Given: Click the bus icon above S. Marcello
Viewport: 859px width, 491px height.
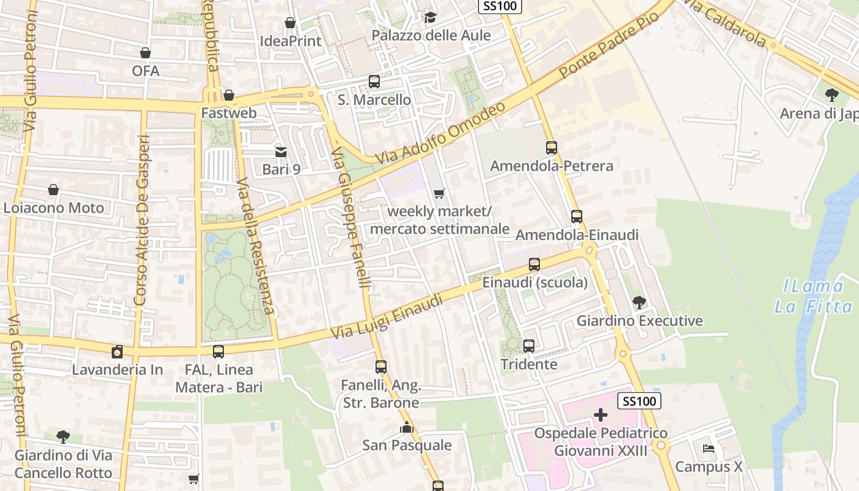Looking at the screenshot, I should [x=374, y=81].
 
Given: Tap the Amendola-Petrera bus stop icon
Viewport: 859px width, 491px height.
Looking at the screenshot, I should [x=551, y=147].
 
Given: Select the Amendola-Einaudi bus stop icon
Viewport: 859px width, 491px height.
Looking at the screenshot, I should [x=576, y=217].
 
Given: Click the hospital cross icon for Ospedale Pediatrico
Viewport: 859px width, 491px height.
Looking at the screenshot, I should [x=600, y=416].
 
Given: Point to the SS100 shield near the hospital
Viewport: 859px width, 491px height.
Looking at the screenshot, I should [x=639, y=401].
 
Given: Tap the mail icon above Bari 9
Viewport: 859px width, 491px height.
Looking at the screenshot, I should [x=280, y=152].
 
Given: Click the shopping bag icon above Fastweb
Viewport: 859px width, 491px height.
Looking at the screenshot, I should [x=229, y=95].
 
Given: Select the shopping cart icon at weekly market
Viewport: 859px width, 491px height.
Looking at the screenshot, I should [x=439, y=194].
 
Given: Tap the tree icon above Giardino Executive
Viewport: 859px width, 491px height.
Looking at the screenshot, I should [x=639, y=302].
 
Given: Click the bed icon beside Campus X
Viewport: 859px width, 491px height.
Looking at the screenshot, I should [x=708, y=449].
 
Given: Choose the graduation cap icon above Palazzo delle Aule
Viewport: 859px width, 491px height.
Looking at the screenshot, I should [x=430, y=17].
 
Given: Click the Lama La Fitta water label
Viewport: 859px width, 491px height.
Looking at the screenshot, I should [x=813, y=296].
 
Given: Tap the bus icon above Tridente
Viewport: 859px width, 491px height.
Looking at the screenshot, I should [x=528, y=346].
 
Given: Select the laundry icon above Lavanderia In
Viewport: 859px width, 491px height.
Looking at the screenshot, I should [x=117, y=352].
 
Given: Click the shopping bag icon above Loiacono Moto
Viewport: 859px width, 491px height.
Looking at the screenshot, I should [x=53, y=190].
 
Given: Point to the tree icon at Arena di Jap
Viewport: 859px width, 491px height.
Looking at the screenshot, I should [x=832, y=95].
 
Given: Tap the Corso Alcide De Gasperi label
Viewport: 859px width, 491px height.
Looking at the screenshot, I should [x=142, y=221].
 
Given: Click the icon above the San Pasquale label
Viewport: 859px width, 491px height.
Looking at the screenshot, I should [x=406, y=427].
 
